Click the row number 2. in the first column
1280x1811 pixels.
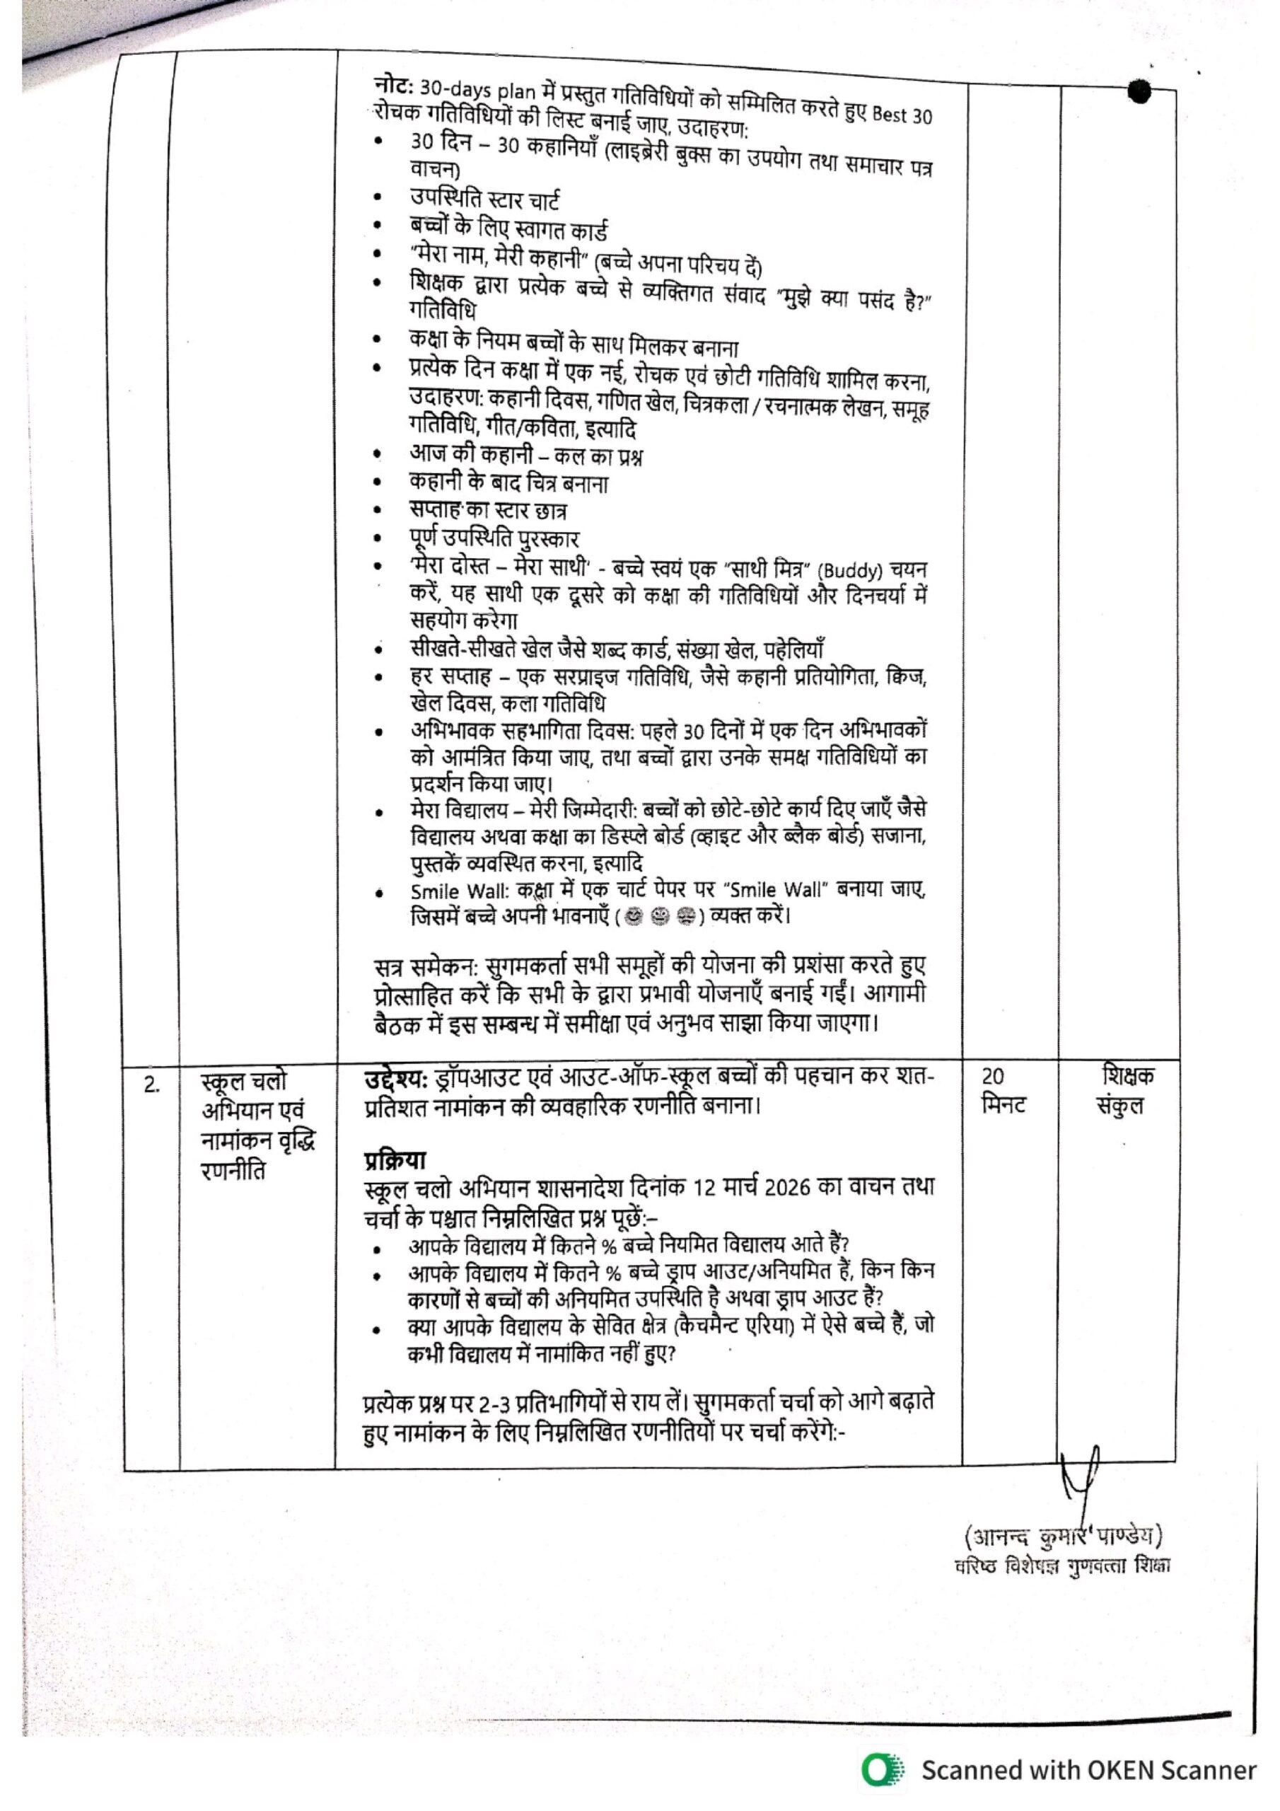(x=152, y=1085)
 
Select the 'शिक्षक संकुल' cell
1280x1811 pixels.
(x=1127, y=1090)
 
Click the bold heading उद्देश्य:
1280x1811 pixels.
(x=395, y=1077)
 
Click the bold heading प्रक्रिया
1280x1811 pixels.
(x=395, y=1160)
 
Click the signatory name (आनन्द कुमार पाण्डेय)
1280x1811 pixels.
(x=1062, y=1537)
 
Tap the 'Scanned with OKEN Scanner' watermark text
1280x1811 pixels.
(x=1088, y=1771)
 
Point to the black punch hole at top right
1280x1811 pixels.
(x=1139, y=91)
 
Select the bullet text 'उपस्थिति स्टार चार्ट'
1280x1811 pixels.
(x=484, y=200)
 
